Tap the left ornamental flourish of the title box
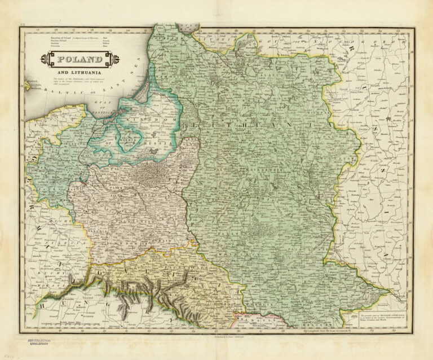(x=45, y=59)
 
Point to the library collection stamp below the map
(x=36, y=343)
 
